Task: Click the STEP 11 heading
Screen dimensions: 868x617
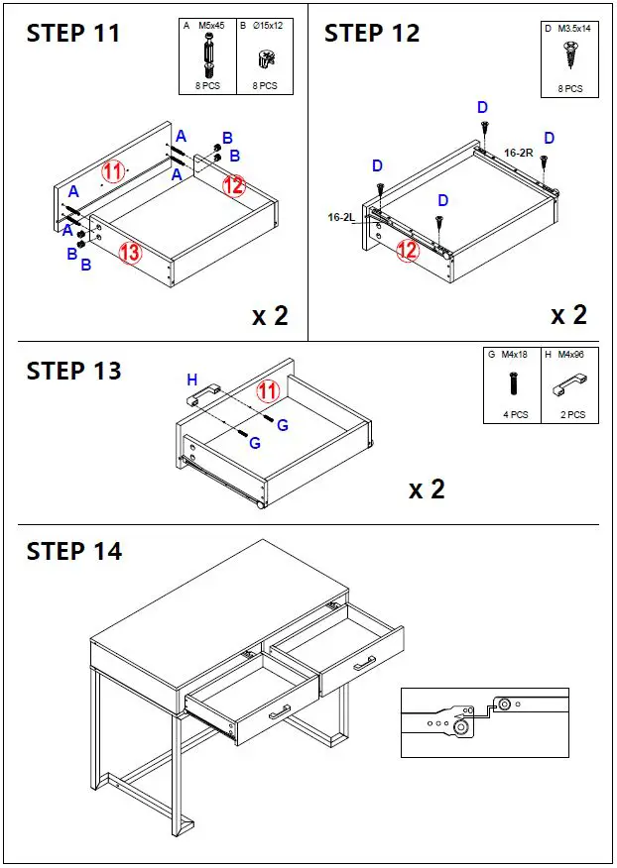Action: (x=73, y=34)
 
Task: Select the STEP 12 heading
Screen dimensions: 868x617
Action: (x=372, y=34)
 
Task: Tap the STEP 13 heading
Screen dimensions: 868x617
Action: (x=73, y=372)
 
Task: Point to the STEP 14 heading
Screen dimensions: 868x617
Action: (x=73, y=551)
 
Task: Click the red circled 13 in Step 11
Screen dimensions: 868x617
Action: (x=130, y=252)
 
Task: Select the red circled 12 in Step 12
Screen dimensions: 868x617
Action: (x=408, y=251)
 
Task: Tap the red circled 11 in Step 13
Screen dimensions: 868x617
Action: (x=268, y=390)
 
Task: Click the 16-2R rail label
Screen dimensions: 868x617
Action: (x=519, y=154)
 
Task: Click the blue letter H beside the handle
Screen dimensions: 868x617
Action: (x=192, y=380)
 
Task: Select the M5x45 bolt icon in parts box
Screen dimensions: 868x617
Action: (x=209, y=55)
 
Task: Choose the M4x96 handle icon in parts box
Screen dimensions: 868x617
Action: (x=569, y=380)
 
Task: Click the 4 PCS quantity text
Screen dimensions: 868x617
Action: (x=514, y=415)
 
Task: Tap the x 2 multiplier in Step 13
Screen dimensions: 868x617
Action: (x=427, y=488)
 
